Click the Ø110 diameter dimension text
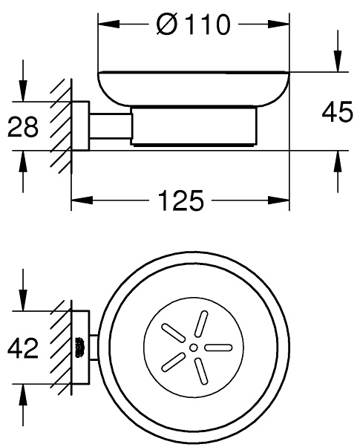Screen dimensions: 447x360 (194, 26)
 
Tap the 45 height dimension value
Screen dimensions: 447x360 (337, 113)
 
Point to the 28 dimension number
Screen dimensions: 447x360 (23, 127)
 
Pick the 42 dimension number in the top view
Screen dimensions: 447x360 (23, 348)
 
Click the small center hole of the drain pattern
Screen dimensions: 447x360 (193, 347)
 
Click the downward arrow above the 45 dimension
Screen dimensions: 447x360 (338, 63)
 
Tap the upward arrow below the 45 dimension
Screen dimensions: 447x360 (338, 160)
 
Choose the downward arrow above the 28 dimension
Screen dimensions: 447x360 (23, 93)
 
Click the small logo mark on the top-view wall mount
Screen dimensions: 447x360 (79, 347)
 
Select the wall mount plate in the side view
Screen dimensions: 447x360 (80, 126)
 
